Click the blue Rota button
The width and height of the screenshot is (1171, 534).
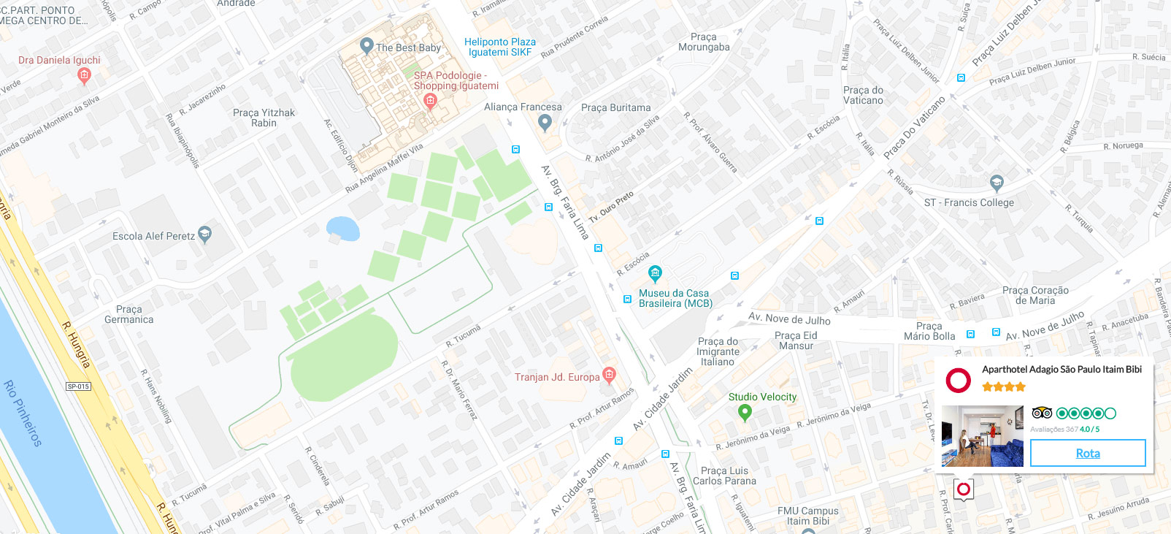(x=1087, y=453)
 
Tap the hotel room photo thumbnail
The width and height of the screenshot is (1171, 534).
(x=982, y=436)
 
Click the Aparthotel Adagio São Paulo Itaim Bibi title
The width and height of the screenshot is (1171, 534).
(x=1061, y=370)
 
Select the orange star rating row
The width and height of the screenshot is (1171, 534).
(x=1004, y=386)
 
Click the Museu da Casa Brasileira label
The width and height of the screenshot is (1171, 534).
(x=675, y=298)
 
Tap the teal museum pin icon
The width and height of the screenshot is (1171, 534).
(x=655, y=274)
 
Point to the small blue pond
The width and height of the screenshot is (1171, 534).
(x=343, y=229)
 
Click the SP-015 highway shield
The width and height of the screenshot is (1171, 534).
(x=78, y=386)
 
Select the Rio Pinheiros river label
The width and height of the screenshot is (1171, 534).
(x=23, y=413)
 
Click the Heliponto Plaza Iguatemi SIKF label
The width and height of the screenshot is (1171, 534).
(x=500, y=47)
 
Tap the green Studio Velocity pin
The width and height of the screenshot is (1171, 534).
(x=745, y=413)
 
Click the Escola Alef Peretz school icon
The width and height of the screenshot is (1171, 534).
(x=205, y=234)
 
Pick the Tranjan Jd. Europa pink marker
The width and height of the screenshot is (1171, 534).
(x=610, y=375)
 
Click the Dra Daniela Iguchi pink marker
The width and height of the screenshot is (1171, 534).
(x=84, y=75)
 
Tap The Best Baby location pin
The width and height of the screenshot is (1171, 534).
(x=367, y=46)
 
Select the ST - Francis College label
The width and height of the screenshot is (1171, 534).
(x=969, y=202)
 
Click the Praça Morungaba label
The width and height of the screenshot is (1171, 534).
(x=704, y=42)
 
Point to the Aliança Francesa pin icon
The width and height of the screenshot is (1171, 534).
(x=545, y=123)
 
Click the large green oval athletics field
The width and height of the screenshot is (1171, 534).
(x=343, y=357)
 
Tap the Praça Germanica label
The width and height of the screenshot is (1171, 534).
(x=129, y=314)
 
